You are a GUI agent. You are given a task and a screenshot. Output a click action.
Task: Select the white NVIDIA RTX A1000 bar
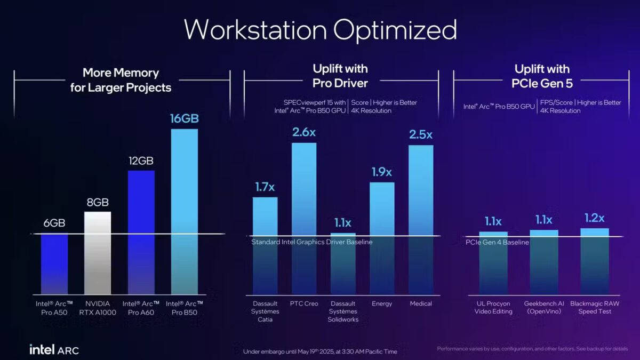[98, 251]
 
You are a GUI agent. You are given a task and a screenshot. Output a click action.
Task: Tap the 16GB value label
[184, 118]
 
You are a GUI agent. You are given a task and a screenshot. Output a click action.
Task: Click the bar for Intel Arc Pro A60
[141, 229]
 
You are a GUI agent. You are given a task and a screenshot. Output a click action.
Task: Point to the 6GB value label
[54, 223]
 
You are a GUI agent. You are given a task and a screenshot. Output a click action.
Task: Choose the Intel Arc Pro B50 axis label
[184, 308]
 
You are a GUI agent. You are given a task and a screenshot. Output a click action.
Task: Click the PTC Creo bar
[303, 213]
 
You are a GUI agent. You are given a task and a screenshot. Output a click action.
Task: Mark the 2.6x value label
[303, 132]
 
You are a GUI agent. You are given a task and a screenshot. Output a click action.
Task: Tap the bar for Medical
[421, 213]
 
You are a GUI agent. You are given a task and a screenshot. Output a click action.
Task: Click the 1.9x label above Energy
[381, 172]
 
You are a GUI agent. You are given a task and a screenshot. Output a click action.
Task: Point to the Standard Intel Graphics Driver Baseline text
[312, 242]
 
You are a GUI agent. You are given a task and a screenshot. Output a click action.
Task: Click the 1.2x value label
[594, 218]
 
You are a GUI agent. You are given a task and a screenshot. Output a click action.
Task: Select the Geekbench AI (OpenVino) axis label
[543, 308]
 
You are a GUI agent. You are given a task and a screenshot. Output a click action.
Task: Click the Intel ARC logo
[54, 350]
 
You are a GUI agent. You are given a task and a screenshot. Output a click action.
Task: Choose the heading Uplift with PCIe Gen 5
[542, 76]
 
